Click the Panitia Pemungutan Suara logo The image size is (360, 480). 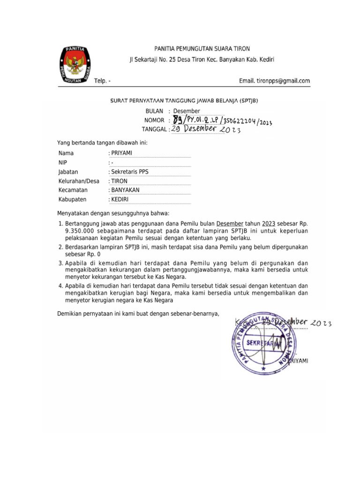click(x=75, y=66)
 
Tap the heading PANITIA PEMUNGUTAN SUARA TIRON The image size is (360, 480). click(x=202, y=48)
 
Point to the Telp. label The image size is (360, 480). click(x=102, y=81)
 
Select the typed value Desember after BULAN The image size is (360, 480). click(x=187, y=111)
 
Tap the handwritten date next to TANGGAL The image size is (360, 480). click(x=206, y=129)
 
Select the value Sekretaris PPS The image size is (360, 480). click(x=129, y=172)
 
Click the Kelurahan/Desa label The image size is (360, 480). click(x=79, y=181)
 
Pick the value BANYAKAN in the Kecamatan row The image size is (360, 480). click(x=125, y=190)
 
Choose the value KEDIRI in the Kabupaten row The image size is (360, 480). click(x=120, y=199)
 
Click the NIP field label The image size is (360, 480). click(x=63, y=163)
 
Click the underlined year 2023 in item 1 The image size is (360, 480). click(x=268, y=224)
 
